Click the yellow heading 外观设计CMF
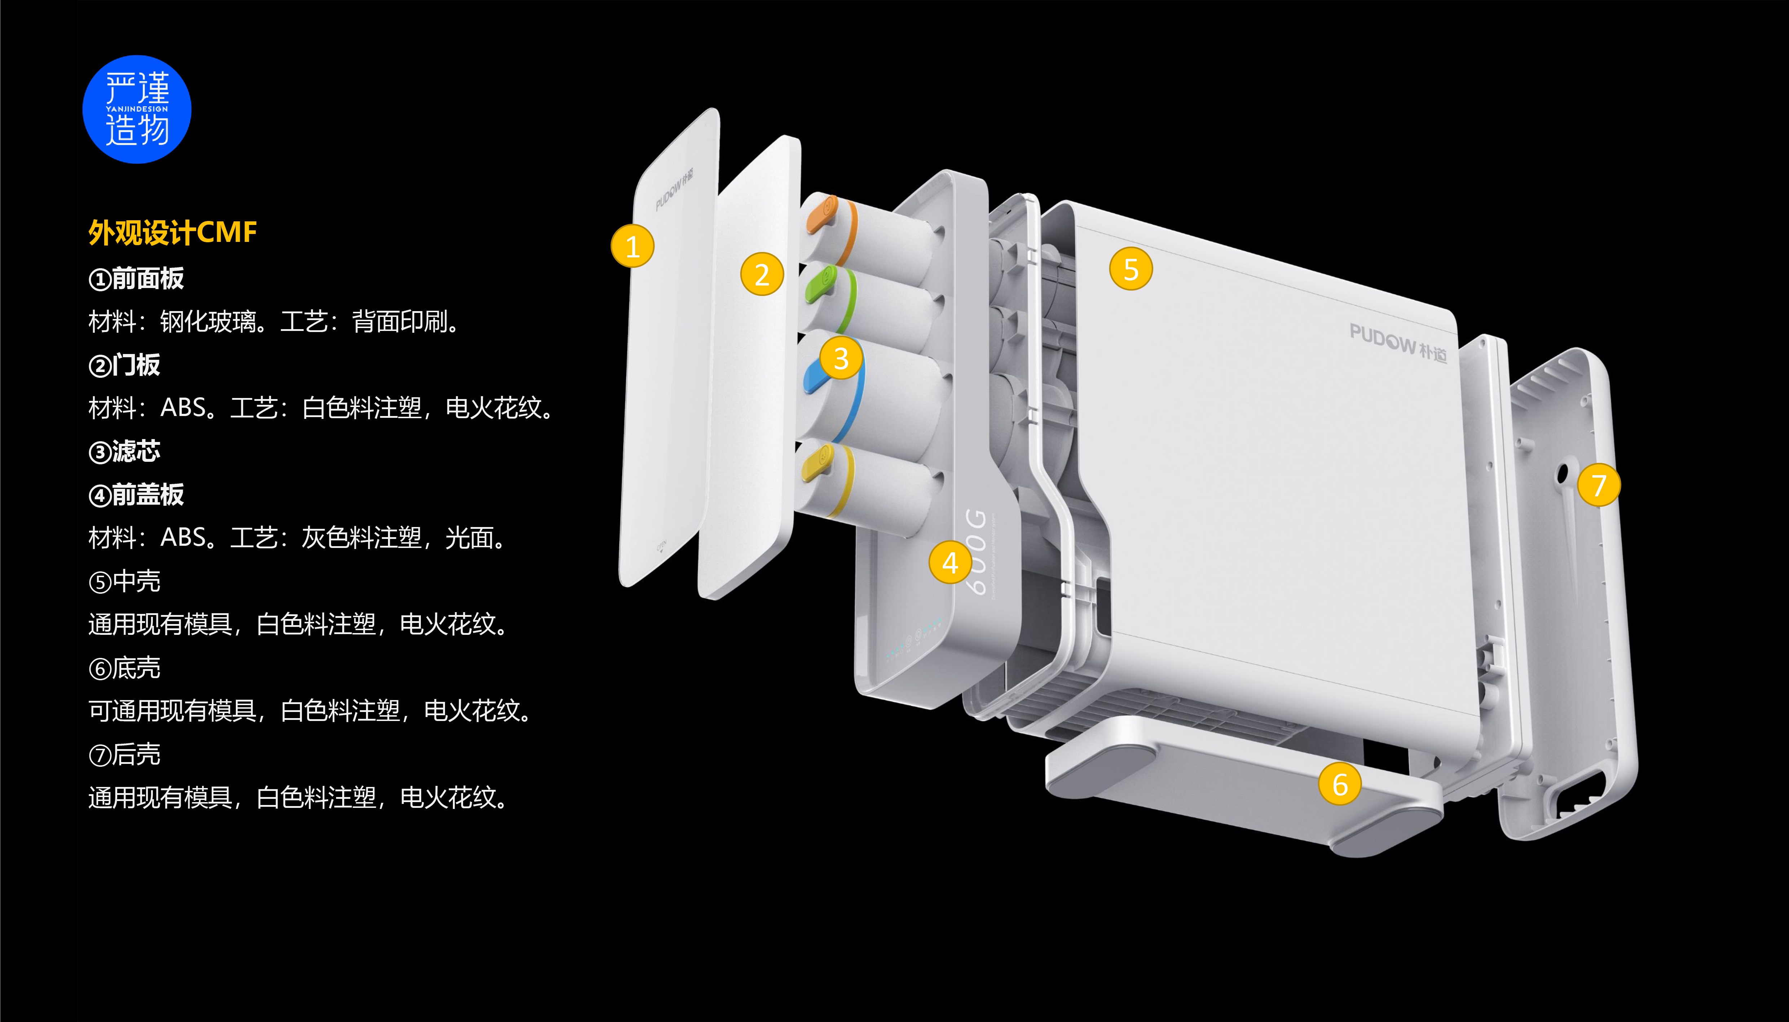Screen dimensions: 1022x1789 (173, 232)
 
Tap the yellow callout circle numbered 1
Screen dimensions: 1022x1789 (632, 246)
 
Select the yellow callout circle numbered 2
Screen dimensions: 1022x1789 (762, 274)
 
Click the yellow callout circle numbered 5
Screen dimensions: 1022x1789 (1131, 269)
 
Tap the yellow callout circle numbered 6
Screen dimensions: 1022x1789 (1340, 784)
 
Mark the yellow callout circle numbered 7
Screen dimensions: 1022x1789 (1599, 485)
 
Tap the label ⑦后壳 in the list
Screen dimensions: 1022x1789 (125, 755)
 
